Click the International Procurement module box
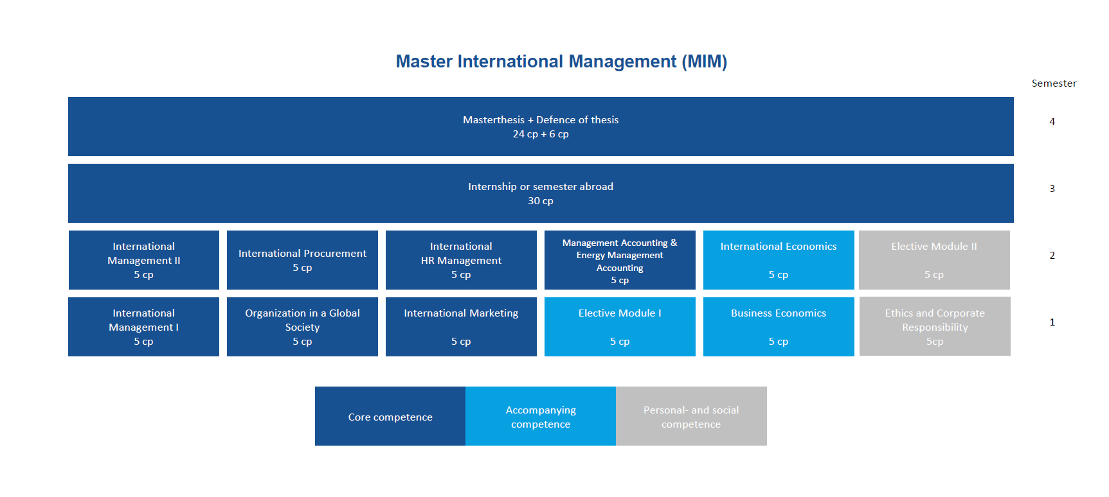tap(302, 260)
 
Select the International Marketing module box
tap(461, 327)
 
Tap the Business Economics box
tap(779, 327)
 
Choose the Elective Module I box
tap(620, 327)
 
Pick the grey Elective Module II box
tap(934, 260)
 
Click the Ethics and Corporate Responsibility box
tap(935, 326)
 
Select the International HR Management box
tap(461, 260)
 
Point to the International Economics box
tap(779, 260)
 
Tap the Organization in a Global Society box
tap(302, 327)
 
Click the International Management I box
tap(143, 327)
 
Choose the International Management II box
tap(144, 260)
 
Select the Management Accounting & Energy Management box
tap(620, 260)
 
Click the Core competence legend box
tap(390, 416)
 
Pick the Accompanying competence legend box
tap(541, 416)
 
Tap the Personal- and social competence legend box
tap(691, 416)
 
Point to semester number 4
tap(1052, 122)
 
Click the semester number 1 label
tap(1052, 322)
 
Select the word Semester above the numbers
tap(1054, 83)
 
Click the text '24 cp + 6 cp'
tap(541, 134)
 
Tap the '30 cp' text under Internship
tap(541, 201)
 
